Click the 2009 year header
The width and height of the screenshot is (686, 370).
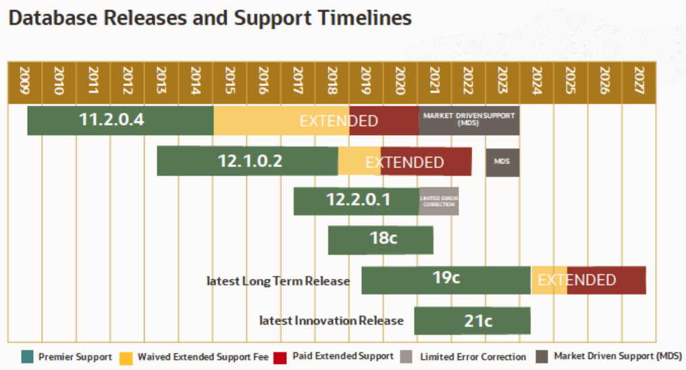pyautogui.click(x=24, y=82)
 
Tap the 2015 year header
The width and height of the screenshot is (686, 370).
pyautogui.click(x=230, y=82)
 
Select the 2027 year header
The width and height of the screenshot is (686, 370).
pyautogui.click(x=639, y=82)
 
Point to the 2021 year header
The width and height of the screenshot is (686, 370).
pyautogui.click(x=434, y=82)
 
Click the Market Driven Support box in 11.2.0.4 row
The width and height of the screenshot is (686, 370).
pyautogui.click(x=469, y=120)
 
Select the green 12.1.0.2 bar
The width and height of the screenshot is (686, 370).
pyautogui.click(x=247, y=161)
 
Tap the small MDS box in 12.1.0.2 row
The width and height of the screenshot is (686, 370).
pyautogui.click(x=502, y=162)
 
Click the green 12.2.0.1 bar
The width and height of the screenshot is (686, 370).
pyautogui.click(x=356, y=201)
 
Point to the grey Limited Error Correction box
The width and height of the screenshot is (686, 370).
pyautogui.click(x=438, y=201)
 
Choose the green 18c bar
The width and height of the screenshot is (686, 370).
pyautogui.click(x=380, y=240)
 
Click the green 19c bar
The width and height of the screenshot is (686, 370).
pyautogui.click(x=446, y=280)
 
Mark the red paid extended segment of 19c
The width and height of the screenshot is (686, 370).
pyautogui.click(x=606, y=280)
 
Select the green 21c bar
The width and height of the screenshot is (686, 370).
pyautogui.click(x=472, y=320)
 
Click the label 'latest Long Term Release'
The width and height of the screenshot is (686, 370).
pyautogui.click(x=278, y=281)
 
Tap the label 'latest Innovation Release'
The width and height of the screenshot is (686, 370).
pyautogui.click(x=331, y=321)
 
